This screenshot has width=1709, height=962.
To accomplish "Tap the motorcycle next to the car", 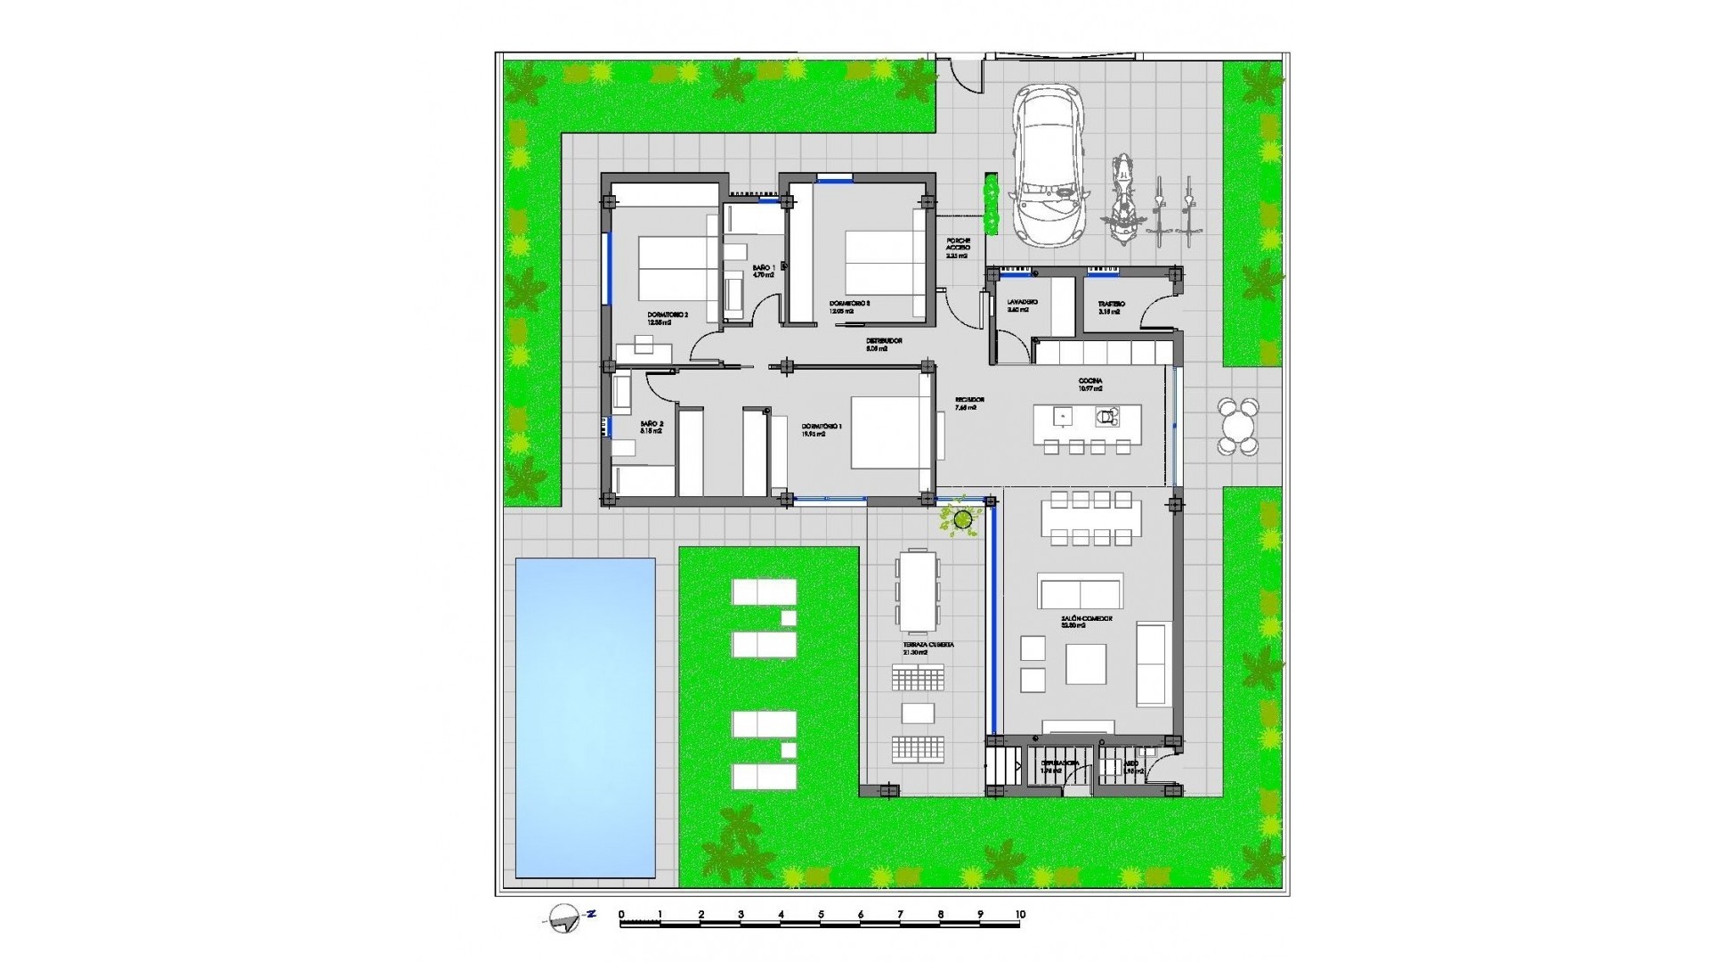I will pos(1122,200).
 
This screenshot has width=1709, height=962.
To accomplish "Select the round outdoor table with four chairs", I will pos(1238,427).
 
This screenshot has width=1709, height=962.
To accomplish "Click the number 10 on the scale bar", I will pos(1020,915).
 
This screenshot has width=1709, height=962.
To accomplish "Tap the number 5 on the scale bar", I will pos(821,915).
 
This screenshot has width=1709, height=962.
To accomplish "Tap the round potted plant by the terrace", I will pos(962,518).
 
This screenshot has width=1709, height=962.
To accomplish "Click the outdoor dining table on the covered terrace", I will pos(917,590).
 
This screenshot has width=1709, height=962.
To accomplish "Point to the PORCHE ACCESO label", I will pos(958,247).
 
